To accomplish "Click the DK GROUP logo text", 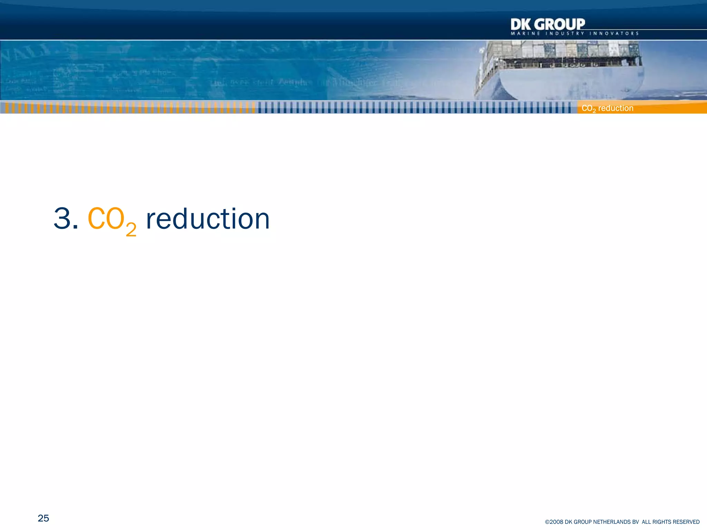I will coord(548,24).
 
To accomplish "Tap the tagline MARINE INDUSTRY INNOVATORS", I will coord(574,33).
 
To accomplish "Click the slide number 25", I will coord(43,518).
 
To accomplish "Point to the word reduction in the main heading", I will coord(207,219).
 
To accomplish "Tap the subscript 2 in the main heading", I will coord(131,229).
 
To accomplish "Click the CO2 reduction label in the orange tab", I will coord(608,108).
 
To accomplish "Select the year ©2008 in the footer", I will coord(554,522).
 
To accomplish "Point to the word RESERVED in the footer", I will coord(685,522).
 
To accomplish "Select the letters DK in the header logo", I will coord(520,24).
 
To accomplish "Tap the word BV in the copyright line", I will coord(636,522).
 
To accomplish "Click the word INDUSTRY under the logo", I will coord(565,33).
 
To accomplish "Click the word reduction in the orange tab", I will coord(616,108).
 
